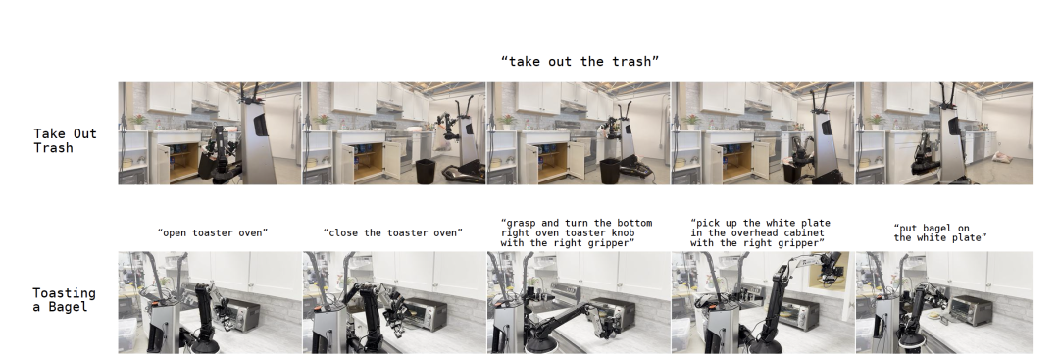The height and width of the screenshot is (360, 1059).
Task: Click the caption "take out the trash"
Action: click(580, 62)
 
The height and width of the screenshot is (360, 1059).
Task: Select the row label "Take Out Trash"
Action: click(66, 140)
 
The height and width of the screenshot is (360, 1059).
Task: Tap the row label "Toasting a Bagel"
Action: click(64, 300)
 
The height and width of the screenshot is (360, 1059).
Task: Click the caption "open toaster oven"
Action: click(213, 233)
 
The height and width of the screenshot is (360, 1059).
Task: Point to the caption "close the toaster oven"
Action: click(393, 233)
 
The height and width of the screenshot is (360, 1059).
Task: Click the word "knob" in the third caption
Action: click(621, 233)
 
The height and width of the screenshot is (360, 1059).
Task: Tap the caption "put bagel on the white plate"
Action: click(940, 233)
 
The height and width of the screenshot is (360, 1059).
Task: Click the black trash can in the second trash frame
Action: click(426, 171)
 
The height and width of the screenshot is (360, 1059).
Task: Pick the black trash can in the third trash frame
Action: click(610, 171)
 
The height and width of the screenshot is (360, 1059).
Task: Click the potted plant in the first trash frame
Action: click(138, 122)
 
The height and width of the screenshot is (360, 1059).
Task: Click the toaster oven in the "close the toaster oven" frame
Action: click(425, 314)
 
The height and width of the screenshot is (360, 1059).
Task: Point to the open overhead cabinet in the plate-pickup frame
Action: click(827, 273)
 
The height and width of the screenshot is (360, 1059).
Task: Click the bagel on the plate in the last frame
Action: click(935, 315)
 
